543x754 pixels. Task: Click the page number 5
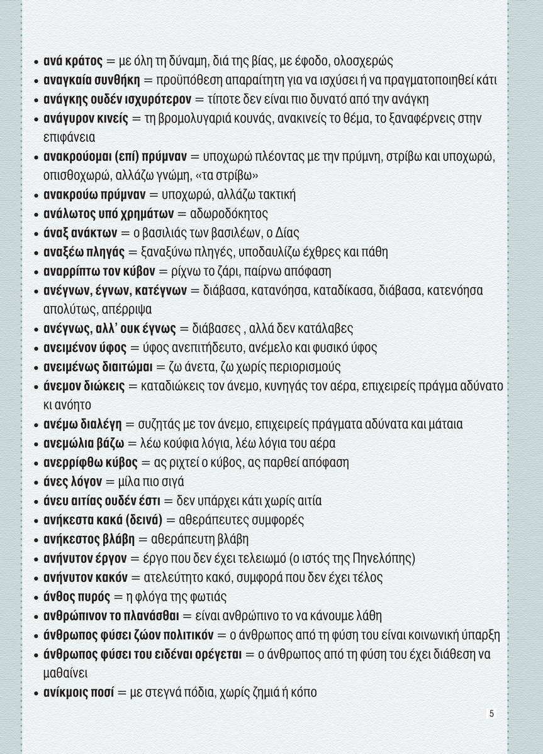click(491, 713)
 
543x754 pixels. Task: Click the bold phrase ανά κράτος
click(72, 62)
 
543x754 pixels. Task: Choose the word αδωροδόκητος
click(233, 214)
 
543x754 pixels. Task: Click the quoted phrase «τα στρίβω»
click(269, 175)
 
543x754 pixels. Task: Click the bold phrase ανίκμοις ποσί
click(78, 692)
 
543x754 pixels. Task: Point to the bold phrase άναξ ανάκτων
click(79, 233)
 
